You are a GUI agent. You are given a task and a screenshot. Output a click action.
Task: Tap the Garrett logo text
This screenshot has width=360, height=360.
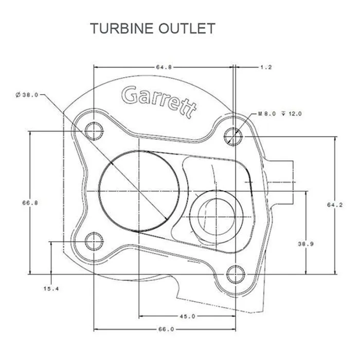(x=159, y=100)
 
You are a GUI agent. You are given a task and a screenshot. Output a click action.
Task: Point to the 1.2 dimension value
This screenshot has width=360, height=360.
(x=265, y=67)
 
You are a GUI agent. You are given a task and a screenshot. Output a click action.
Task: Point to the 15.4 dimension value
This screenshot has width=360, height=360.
(x=51, y=289)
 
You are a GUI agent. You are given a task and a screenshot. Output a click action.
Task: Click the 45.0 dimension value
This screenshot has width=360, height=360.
(x=187, y=316)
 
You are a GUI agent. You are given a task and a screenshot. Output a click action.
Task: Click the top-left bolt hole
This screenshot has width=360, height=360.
(x=94, y=131)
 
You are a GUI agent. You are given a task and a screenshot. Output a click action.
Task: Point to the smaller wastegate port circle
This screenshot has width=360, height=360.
(x=216, y=211)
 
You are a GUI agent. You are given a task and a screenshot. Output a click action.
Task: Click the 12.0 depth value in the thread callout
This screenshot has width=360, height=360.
(x=295, y=114)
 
